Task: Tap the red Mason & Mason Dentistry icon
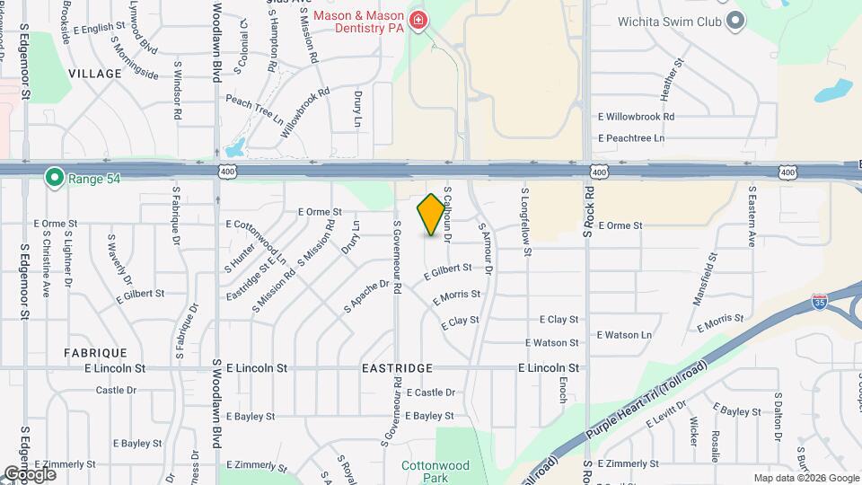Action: click(418, 20)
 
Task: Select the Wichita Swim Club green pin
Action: click(735, 20)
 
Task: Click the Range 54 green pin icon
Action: click(54, 179)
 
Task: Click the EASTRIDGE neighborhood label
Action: click(397, 368)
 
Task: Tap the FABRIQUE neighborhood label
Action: click(95, 353)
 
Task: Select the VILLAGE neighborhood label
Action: click(94, 73)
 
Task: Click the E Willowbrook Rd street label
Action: click(636, 117)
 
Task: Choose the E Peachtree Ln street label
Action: click(631, 138)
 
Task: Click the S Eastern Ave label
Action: click(752, 216)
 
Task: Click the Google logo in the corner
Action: click(30, 473)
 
